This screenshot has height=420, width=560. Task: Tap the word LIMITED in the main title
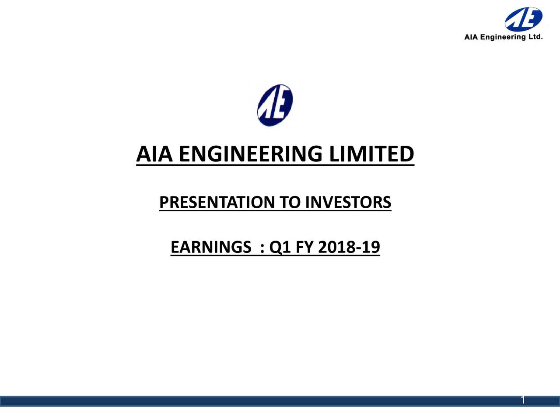coord(371,154)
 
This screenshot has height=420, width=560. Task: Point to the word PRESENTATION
coord(217,203)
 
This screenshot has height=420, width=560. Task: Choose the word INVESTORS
coord(348,203)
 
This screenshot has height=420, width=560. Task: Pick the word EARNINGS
coord(210,248)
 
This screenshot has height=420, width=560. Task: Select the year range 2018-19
coord(349,248)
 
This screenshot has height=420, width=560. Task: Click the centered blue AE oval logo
coord(275,105)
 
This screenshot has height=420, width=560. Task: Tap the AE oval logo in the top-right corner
coord(523,19)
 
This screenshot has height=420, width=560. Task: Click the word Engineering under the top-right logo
coord(504,37)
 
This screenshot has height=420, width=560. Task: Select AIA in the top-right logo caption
coord(471,37)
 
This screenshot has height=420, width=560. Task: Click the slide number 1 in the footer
coord(522,400)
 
